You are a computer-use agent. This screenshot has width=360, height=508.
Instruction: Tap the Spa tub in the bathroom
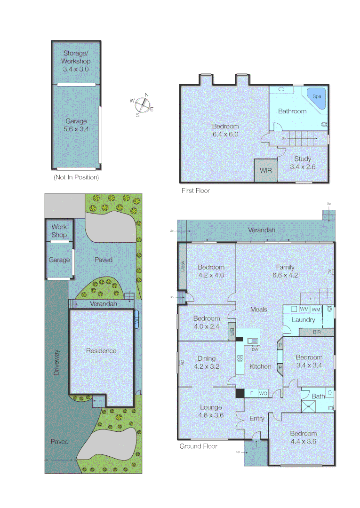click(x=316, y=97)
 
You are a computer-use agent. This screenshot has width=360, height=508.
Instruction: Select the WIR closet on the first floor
click(x=265, y=170)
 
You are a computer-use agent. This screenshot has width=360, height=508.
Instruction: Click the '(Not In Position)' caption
click(x=76, y=177)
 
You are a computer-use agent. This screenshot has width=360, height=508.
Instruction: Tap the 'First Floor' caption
click(x=196, y=190)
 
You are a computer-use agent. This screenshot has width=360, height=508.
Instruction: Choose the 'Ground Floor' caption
click(x=199, y=446)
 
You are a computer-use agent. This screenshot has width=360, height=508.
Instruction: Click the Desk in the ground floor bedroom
click(x=183, y=266)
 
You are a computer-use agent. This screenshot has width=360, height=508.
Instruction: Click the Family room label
click(x=286, y=267)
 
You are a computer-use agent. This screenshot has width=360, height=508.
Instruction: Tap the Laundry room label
click(x=304, y=320)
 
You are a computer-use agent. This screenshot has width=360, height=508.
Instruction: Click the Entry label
click(x=257, y=418)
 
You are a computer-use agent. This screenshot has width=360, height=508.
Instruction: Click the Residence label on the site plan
click(x=101, y=350)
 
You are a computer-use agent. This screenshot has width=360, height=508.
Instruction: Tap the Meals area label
click(x=259, y=309)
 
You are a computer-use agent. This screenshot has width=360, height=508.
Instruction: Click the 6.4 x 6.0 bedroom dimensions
click(x=225, y=134)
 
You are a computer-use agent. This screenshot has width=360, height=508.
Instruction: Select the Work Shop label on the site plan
click(x=59, y=231)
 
